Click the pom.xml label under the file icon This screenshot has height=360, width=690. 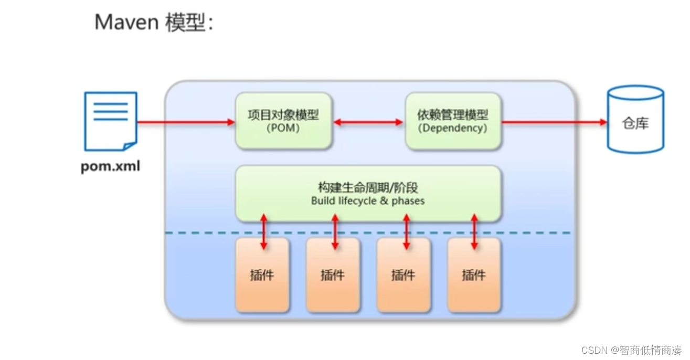pos(110,167)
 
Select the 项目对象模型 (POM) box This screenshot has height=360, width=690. pos(283,121)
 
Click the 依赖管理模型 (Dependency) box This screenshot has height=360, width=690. pos(453,121)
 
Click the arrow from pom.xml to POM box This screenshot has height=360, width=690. pos(186,122)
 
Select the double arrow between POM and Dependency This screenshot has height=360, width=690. pos(368,122)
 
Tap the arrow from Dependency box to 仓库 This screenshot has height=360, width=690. pos(554,122)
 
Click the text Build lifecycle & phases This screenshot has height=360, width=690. pos(368,201)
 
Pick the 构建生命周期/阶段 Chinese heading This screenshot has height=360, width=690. pos(368,188)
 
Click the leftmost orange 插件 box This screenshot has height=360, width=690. pos(262,275)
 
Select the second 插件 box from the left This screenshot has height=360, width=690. pos(333,275)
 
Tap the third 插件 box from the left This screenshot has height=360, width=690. pos(403,275)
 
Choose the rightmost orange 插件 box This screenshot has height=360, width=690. pos(474,275)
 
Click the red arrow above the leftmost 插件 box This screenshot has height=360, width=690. pos(264,231)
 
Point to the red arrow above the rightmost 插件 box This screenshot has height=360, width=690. pos(474,231)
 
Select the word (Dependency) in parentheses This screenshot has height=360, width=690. pos(453,128)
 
